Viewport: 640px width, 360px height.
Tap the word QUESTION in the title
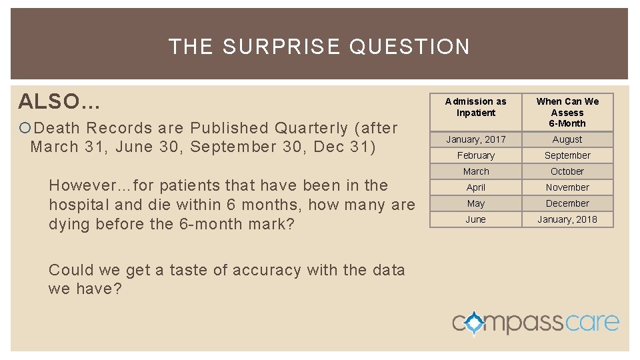pyautogui.click(x=409, y=47)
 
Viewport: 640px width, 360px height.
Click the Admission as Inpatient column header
pyautogui.click(x=476, y=107)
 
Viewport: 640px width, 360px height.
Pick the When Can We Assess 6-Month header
pyautogui.click(x=567, y=112)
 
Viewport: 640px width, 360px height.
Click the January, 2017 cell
pyautogui.click(x=476, y=139)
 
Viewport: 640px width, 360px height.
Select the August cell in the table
pyautogui.click(x=567, y=139)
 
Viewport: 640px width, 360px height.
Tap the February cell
pyautogui.click(x=476, y=155)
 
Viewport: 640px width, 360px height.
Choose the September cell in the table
pyautogui.click(x=567, y=155)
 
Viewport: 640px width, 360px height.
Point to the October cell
pyautogui.click(x=567, y=171)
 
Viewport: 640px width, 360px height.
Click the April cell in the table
pyautogui.click(x=476, y=187)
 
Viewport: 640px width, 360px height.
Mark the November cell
pyautogui.click(x=567, y=187)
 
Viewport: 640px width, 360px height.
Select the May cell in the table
pyautogui.click(x=476, y=203)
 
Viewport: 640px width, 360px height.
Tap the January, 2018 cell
pyautogui.click(x=567, y=219)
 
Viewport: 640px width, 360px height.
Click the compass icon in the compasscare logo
pyautogui.click(x=474, y=323)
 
